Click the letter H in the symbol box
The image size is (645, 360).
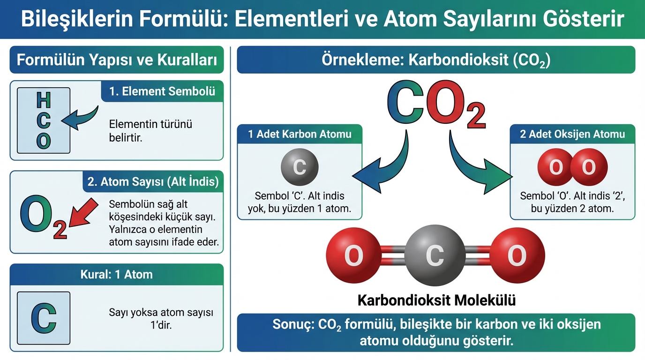[x=44, y=100]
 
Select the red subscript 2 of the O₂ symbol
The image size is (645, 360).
[x=60, y=230]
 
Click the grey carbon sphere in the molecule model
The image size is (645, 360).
[x=435, y=255]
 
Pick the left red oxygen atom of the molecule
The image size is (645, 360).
[x=353, y=255]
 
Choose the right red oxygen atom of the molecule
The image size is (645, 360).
[x=517, y=255]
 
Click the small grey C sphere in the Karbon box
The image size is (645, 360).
[x=300, y=167]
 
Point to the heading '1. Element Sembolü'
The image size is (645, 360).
[x=162, y=91]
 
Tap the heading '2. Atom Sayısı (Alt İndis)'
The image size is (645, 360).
[x=153, y=181]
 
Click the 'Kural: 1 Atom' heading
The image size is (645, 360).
[x=117, y=275]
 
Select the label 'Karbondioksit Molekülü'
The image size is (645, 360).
[x=436, y=300]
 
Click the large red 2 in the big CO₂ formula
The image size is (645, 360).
[x=476, y=115]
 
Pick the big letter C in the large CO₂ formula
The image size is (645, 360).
[x=406, y=102]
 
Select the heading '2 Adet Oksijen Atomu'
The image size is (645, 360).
[x=572, y=134]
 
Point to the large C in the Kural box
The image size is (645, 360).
[x=44, y=318]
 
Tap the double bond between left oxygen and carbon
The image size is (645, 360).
[x=393, y=255]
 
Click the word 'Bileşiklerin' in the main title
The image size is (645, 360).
[x=77, y=19]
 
